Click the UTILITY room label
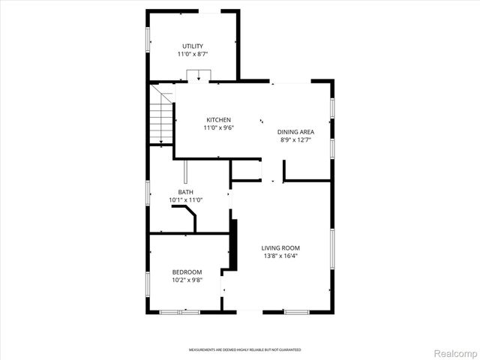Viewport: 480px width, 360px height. point(193,46)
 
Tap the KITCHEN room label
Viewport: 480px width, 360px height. point(218,120)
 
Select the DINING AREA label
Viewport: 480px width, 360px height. point(295,131)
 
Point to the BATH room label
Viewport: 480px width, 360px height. point(185,192)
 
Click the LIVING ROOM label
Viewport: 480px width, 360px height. point(280,248)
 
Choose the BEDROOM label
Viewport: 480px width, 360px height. point(187,271)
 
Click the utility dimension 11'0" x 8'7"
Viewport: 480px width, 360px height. point(193,55)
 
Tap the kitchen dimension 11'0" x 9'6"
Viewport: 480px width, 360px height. point(218,128)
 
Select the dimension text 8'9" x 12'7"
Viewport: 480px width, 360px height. point(295,139)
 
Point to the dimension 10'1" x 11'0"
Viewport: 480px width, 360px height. point(185,200)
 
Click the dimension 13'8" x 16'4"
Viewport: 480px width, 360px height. point(280,256)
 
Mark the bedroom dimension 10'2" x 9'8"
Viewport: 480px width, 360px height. point(187,280)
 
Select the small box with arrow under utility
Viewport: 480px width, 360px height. point(198,75)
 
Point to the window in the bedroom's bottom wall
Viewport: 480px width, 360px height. point(179,311)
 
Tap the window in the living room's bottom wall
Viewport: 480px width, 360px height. point(295,311)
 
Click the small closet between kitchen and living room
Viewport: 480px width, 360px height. point(244,170)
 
